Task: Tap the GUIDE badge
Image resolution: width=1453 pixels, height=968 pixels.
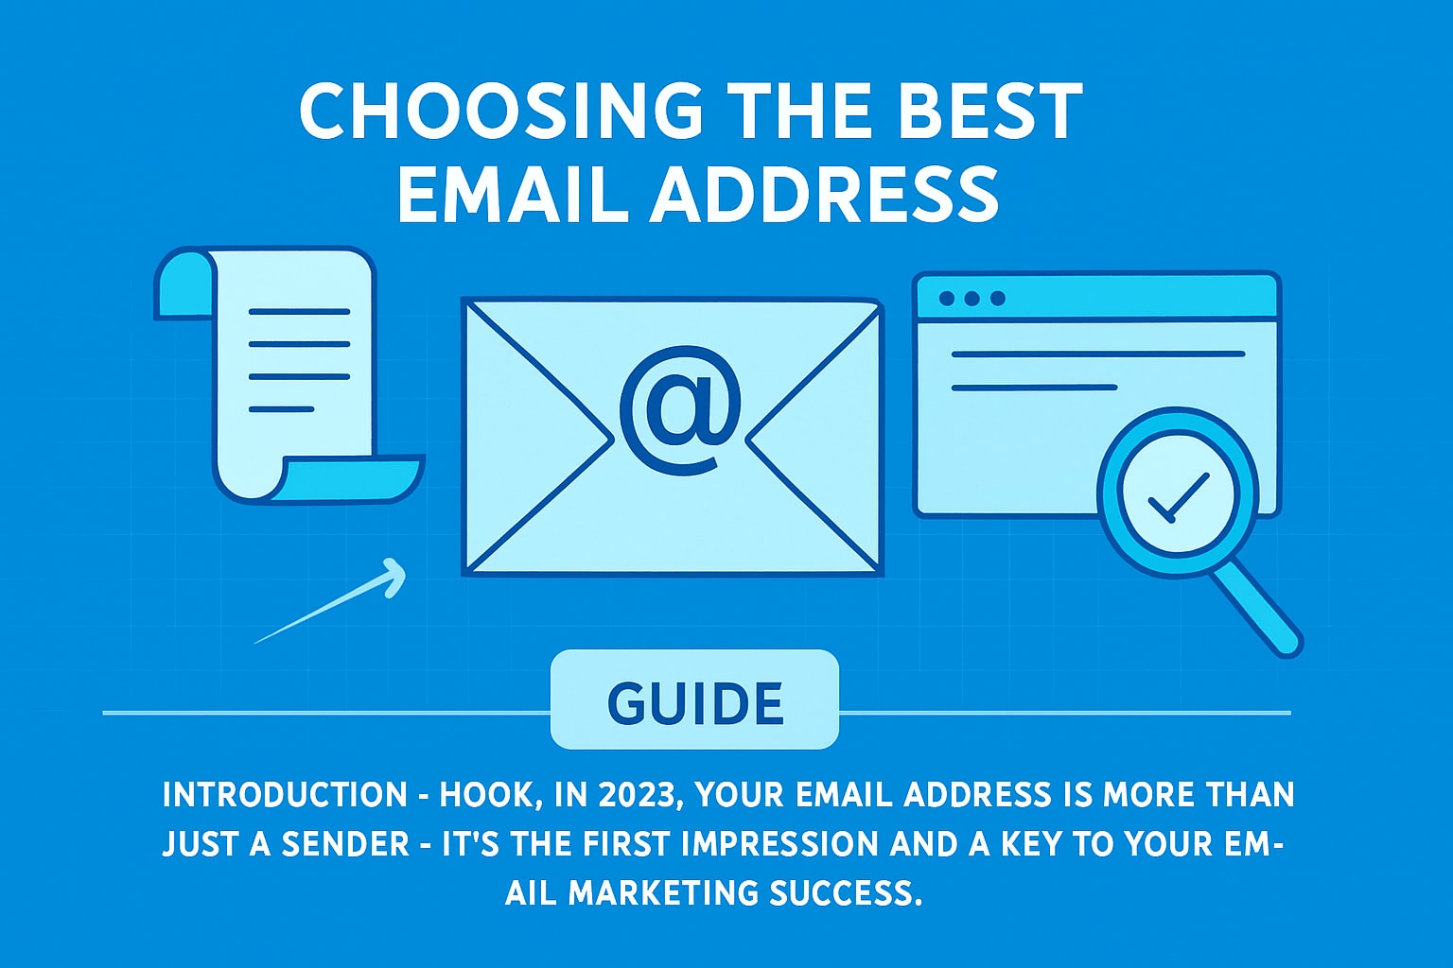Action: click(x=695, y=701)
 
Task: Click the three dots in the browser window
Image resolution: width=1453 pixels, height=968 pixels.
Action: click(x=972, y=299)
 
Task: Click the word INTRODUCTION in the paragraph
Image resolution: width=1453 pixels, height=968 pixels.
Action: click(x=284, y=794)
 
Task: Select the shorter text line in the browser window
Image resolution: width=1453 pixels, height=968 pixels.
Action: click(x=1034, y=387)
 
